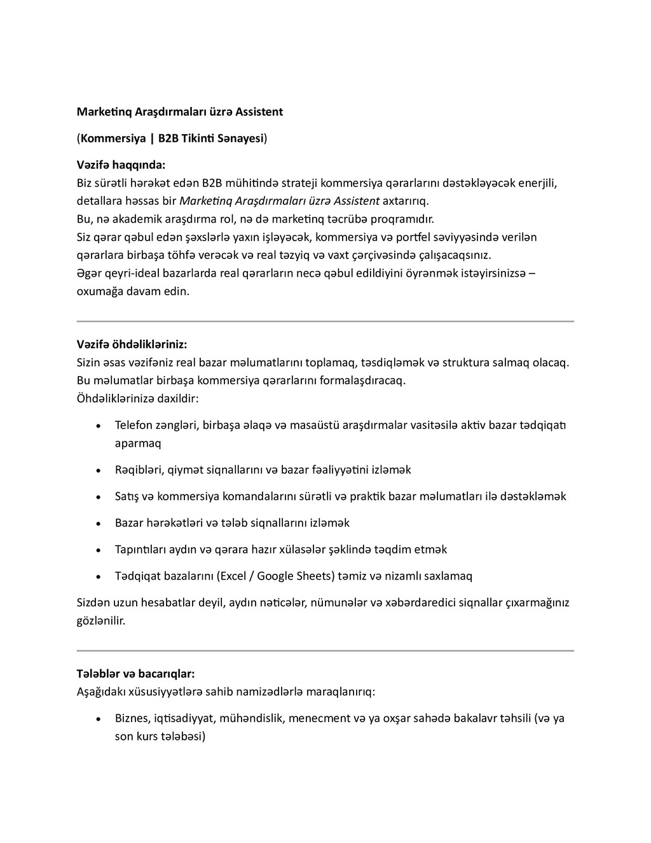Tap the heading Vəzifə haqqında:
point(121,165)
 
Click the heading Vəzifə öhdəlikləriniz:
point(132,344)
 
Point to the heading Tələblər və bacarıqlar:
point(135,673)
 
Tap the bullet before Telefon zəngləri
point(97,425)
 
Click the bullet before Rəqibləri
point(97,471)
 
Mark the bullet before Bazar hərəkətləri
point(97,524)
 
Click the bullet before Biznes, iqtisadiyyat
point(97,719)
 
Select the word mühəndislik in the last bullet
point(252,719)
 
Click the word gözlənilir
point(101,620)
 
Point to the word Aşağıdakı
point(101,691)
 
